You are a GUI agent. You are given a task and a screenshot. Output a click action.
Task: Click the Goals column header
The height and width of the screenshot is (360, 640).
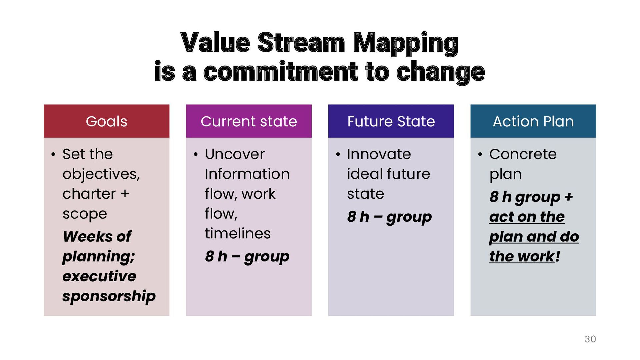point(106,121)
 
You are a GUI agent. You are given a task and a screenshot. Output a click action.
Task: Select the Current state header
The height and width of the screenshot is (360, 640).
point(249,121)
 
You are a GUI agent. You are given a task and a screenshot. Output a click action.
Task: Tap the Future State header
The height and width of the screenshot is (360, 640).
point(391,121)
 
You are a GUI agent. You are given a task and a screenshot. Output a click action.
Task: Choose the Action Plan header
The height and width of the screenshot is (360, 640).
point(533,121)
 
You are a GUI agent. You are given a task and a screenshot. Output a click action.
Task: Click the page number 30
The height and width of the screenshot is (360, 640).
point(590,339)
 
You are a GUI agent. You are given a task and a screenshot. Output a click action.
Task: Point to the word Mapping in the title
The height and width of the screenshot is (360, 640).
point(406,43)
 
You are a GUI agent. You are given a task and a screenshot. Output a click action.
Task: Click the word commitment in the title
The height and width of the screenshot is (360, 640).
point(280,72)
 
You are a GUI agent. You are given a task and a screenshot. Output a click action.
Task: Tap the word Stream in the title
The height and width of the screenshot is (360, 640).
point(301,43)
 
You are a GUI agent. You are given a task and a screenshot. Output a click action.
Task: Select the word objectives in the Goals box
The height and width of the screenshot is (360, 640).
point(101,174)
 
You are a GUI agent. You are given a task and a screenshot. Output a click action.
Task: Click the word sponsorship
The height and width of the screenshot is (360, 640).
point(109,296)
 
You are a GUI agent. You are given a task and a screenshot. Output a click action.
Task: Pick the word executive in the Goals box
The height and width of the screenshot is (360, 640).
point(99,276)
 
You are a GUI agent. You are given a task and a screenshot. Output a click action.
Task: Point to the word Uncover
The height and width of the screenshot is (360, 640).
point(235,154)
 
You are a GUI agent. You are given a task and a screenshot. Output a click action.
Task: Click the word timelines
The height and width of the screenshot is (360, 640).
point(238,233)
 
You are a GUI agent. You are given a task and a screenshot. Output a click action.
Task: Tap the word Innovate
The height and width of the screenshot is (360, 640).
point(379,154)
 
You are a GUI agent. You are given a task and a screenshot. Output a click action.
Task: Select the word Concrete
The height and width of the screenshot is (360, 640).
point(523,154)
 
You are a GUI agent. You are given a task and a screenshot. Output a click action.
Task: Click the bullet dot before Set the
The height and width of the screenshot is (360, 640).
point(53,154)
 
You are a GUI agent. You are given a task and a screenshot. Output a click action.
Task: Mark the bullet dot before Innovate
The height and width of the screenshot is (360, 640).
point(338,154)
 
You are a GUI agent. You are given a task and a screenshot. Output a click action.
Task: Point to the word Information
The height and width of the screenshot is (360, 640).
point(247,174)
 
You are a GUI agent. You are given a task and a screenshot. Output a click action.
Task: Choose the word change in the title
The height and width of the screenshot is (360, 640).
point(440,72)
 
